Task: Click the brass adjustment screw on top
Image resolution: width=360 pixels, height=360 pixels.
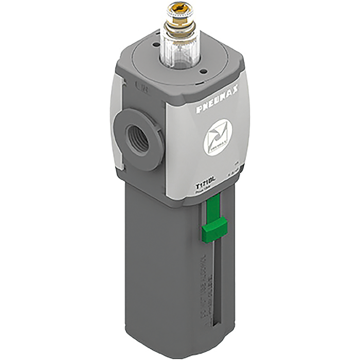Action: pyautogui.click(x=179, y=11)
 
